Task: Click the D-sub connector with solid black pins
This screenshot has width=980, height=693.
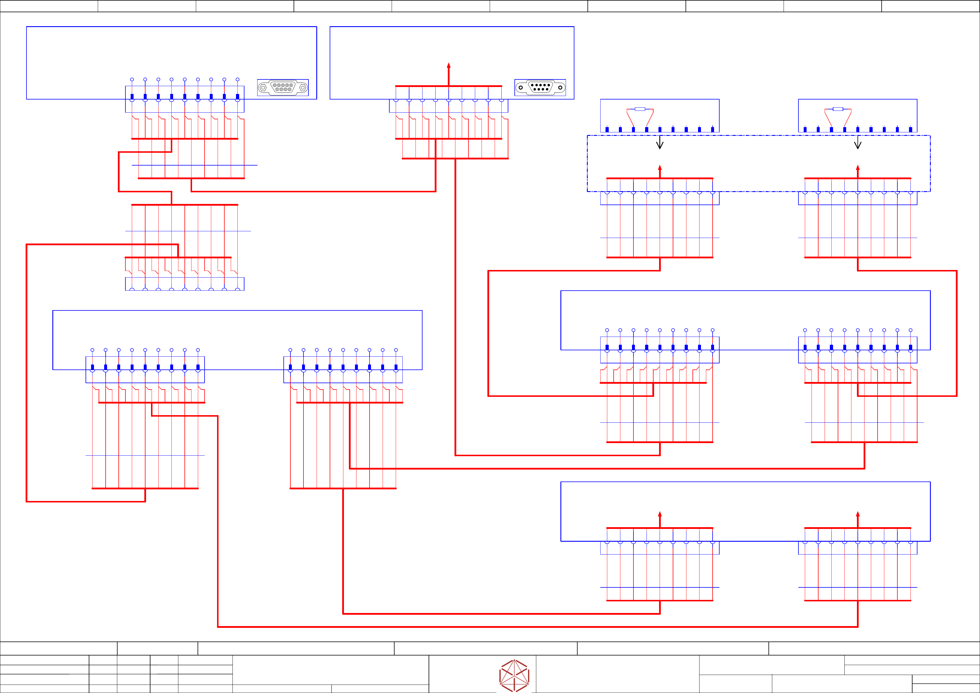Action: click(540, 88)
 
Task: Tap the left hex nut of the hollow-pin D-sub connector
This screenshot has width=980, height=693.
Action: click(263, 88)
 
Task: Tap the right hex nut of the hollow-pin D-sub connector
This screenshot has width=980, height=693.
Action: click(303, 88)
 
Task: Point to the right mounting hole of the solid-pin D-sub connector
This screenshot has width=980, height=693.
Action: click(560, 88)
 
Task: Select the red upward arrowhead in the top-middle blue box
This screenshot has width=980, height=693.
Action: click(449, 66)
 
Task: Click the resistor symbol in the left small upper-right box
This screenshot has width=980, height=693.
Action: click(640, 109)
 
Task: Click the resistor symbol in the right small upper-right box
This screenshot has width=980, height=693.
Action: click(838, 109)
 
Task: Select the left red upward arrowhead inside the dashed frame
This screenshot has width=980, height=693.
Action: click(660, 168)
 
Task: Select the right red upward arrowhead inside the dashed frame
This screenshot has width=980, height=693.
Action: click(858, 168)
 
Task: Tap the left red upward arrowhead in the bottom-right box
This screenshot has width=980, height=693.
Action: click(660, 514)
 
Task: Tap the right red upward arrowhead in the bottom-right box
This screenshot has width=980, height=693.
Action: click(858, 514)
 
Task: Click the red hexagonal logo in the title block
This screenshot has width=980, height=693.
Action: click(514, 676)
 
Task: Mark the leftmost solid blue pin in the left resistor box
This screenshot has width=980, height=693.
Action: click(607, 129)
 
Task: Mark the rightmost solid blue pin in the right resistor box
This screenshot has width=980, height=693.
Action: click(910, 129)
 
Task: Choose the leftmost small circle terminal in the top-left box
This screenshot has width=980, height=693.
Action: click(132, 79)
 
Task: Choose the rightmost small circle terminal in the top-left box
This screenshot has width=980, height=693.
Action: click(238, 79)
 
